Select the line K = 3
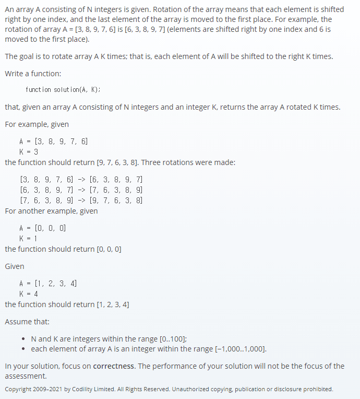coord(29,151)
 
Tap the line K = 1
coord(29,238)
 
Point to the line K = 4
coord(29,294)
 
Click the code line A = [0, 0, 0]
coord(43,228)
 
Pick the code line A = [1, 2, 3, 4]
coord(48,283)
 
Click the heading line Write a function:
coord(33,74)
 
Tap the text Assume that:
coord(27,322)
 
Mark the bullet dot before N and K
coord(24,339)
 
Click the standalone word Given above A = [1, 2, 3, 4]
coord(15,266)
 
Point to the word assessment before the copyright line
coord(25,376)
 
